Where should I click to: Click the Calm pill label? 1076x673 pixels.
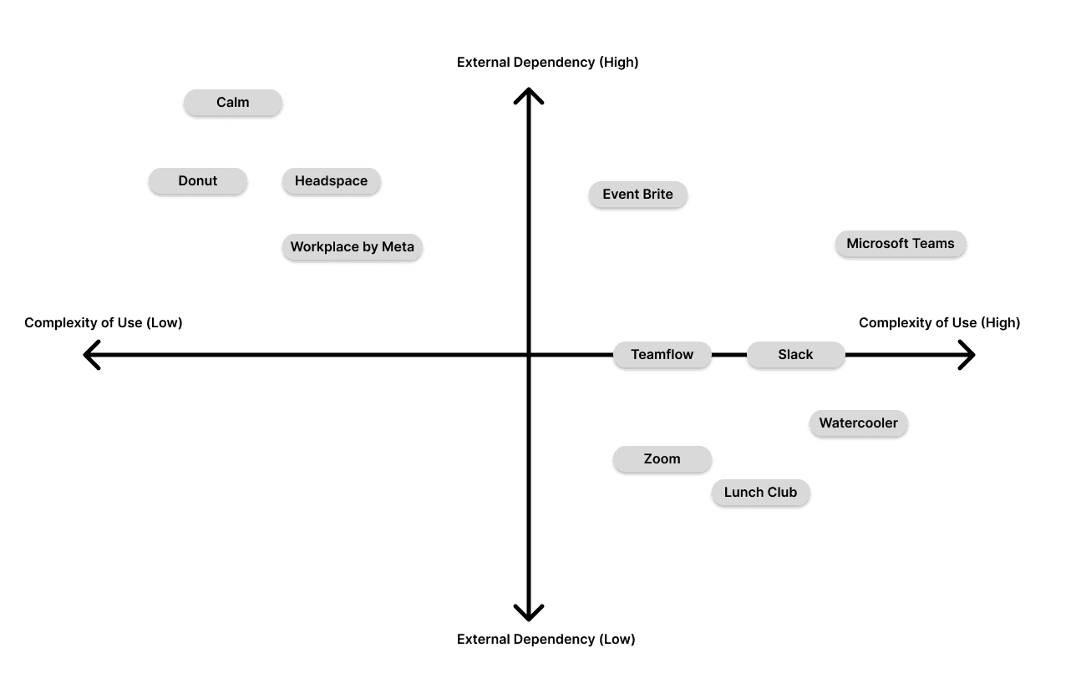233,103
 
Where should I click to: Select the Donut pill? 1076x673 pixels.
198,180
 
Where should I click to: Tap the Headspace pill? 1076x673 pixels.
331,180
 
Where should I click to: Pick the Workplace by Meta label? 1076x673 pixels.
353,247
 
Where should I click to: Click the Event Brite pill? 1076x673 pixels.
638,195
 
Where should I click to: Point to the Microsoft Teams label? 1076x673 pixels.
901,244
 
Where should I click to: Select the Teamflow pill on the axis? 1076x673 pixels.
662,355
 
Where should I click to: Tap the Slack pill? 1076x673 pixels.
795,355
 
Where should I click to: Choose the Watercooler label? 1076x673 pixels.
858,423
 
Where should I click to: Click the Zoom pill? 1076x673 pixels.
662,459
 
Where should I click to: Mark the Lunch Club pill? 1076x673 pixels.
760,493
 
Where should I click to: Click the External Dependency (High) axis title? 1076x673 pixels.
547,63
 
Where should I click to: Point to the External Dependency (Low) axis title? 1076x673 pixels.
546,640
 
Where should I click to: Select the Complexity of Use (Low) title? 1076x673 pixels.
103,323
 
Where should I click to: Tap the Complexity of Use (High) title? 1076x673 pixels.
939,323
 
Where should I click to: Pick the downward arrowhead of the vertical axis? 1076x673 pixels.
528,615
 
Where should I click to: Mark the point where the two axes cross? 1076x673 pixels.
528,355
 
